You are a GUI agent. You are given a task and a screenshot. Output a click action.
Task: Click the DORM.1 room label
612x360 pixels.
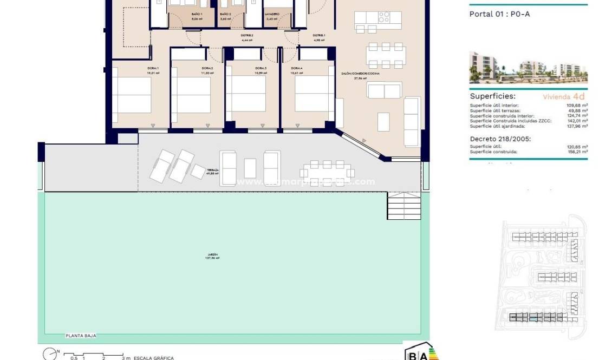[x=152, y=68]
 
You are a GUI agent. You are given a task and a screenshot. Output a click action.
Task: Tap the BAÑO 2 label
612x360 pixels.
[x=225, y=15]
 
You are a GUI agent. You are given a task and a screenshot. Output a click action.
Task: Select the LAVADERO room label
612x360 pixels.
[x=272, y=15]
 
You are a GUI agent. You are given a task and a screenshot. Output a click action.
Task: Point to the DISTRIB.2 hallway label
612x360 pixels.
[x=247, y=36]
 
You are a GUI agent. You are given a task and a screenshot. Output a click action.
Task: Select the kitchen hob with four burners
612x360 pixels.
[x=383, y=17]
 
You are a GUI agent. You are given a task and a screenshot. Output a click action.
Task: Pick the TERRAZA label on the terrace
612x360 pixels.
[x=212, y=170]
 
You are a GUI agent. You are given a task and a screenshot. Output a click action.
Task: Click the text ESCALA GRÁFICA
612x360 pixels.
[x=154, y=358]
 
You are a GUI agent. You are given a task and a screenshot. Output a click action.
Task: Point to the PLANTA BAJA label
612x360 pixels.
[x=81, y=336]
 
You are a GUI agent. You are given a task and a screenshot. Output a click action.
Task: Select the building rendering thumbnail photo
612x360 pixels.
[x=528, y=68]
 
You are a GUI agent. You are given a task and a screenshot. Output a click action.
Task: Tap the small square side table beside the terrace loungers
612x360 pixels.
[x=198, y=171]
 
